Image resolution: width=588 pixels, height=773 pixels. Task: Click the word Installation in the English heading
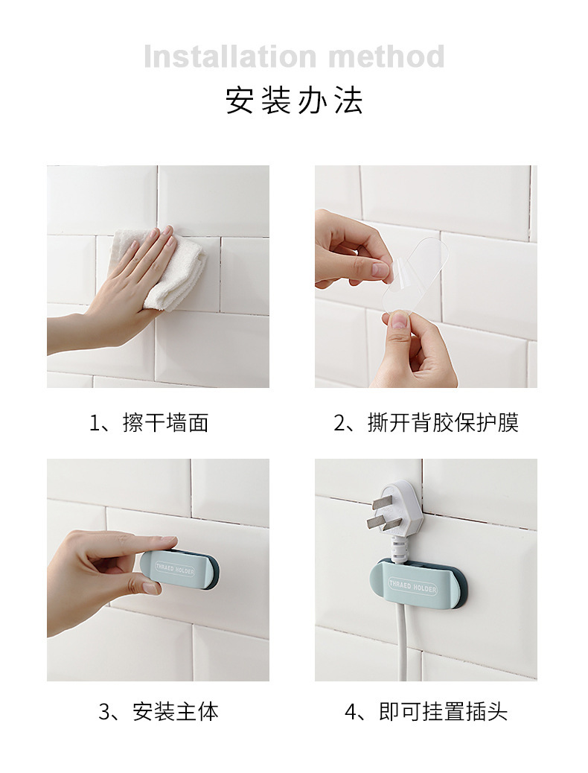coord(230,57)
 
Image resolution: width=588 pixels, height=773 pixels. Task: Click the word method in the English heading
coord(386,57)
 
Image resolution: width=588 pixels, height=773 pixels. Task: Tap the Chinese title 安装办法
coord(294,101)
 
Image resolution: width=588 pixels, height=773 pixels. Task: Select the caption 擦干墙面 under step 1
coord(166,423)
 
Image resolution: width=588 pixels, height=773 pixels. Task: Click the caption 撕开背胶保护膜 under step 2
coord(443,423)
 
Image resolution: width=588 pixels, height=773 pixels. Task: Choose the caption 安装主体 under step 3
coord(176,712)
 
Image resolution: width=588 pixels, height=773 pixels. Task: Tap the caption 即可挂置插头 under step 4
coord(443,712)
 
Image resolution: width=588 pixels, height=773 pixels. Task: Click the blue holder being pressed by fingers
coord(180,570)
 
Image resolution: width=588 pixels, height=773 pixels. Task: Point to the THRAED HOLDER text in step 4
coord(412,586)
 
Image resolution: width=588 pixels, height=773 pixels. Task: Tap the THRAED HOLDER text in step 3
coord(175,570)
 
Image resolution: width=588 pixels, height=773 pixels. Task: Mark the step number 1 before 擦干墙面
coord(95,424)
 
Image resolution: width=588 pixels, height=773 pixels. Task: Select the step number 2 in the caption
coord(339,424)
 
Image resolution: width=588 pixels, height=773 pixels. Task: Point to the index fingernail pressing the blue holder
coord(150,587)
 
